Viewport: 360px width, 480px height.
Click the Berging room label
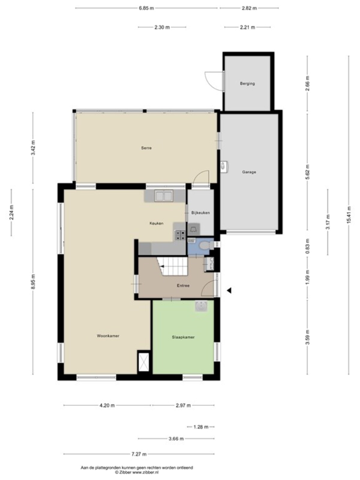pos(247,83)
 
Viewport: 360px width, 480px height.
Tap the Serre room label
pos(146,148)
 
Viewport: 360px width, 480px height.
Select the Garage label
pos(249,172)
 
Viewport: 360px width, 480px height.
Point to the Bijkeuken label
pos(200,213)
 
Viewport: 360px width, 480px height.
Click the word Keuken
pos(156,223)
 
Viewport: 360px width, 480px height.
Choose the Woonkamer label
pos(108,336)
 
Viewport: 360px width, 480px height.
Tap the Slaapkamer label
pos(183,337)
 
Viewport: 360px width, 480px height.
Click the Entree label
pos(183,285)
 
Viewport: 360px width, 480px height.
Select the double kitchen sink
pos(164,196)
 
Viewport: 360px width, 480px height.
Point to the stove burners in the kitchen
pos(180,235)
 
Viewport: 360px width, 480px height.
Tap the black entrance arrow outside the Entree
pos(229,291)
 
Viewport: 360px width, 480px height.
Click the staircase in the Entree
pos(173,266)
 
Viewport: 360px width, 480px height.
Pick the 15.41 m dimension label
pos(349,215)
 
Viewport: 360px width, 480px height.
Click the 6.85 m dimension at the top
pos(146,8)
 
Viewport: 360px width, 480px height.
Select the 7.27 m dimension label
pos(139,454)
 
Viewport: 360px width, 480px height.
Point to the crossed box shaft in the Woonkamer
pos(144,362)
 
